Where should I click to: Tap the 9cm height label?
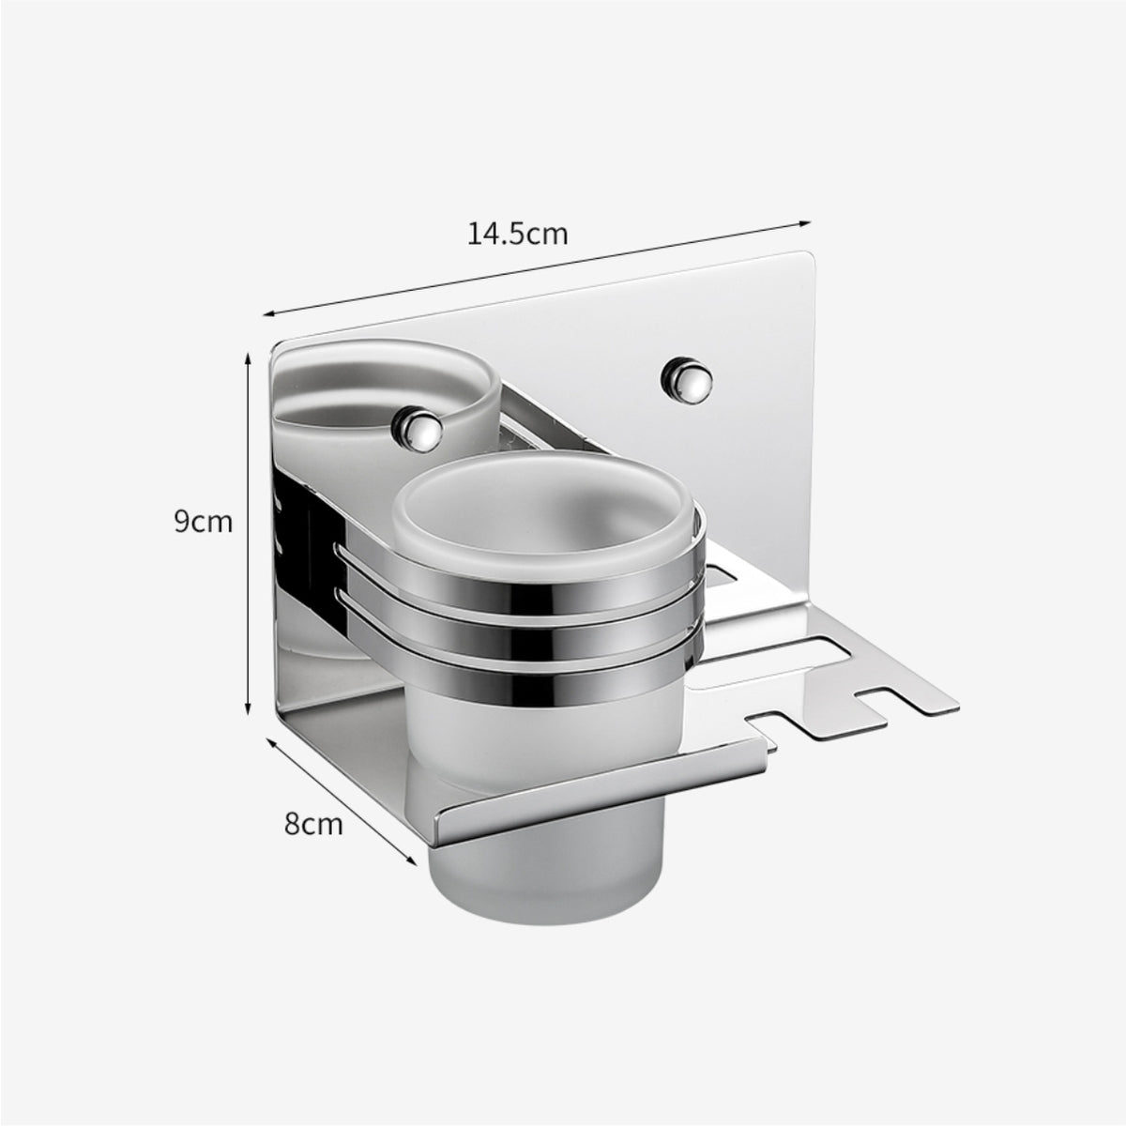point(203,522)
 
